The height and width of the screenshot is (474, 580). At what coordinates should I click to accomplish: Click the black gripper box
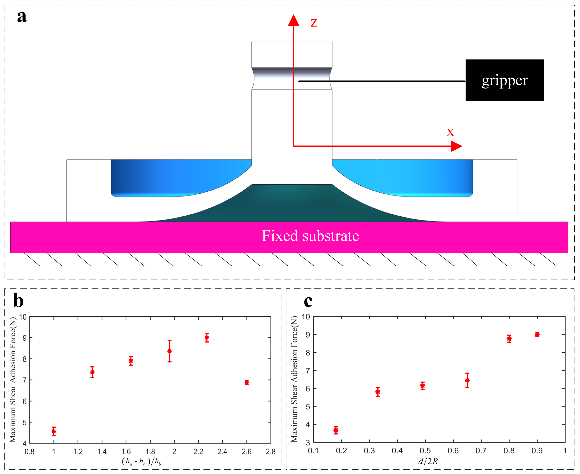pyautogui.click(x=504, y=80)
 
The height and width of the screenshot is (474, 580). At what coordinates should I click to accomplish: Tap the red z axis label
pyautogui.click(x=314, y=23)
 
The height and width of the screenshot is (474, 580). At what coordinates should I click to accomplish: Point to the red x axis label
pyautogui.click(x=450, y=132)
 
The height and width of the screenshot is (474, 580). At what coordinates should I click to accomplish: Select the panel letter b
pyautogui.click(x=18, y=301)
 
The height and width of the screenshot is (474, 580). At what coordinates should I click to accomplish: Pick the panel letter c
pyautogui.click(x=308, y=301)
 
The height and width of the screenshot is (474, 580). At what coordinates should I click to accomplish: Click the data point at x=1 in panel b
pyautogui.click(x=54, y=431)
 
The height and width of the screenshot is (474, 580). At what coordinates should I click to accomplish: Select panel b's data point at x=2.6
pyautogui.click(x=247, y=382)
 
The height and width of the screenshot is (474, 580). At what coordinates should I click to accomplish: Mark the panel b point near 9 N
pyautogui.click(x=207, y=338)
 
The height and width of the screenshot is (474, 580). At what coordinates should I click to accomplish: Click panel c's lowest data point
pyautogui.click(x=336, y=430)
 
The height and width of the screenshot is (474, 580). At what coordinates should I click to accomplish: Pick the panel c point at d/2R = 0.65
pyautogui.click(x=467, y=380)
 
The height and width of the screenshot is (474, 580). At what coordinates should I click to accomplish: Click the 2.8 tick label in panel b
pyautogui.click(x=271, y=452)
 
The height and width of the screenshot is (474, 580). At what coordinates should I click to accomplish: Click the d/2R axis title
pyautogui.click(x=428, y=461)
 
